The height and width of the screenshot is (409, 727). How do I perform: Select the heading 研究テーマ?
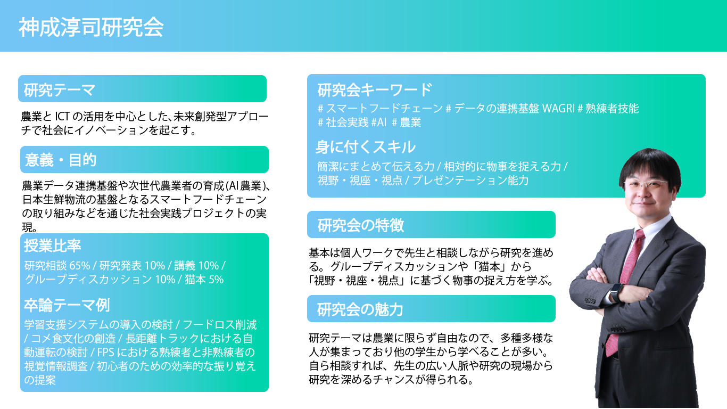pos(60,89)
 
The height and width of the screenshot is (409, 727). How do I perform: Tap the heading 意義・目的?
pos(60,159)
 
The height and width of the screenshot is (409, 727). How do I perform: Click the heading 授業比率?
pos(52,246)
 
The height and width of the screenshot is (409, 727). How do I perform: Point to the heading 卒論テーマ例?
pos(67,305)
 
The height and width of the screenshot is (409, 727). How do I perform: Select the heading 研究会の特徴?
pos(360,225)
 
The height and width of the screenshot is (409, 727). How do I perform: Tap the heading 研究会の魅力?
pos(360,309)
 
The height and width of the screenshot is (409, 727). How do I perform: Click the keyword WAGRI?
pos(558,109)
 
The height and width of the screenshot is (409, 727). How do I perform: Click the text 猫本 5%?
pos(204,280)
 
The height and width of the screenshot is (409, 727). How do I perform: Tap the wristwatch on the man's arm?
pos(616,292)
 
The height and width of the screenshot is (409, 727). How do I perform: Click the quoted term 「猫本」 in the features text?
pos(496,266)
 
